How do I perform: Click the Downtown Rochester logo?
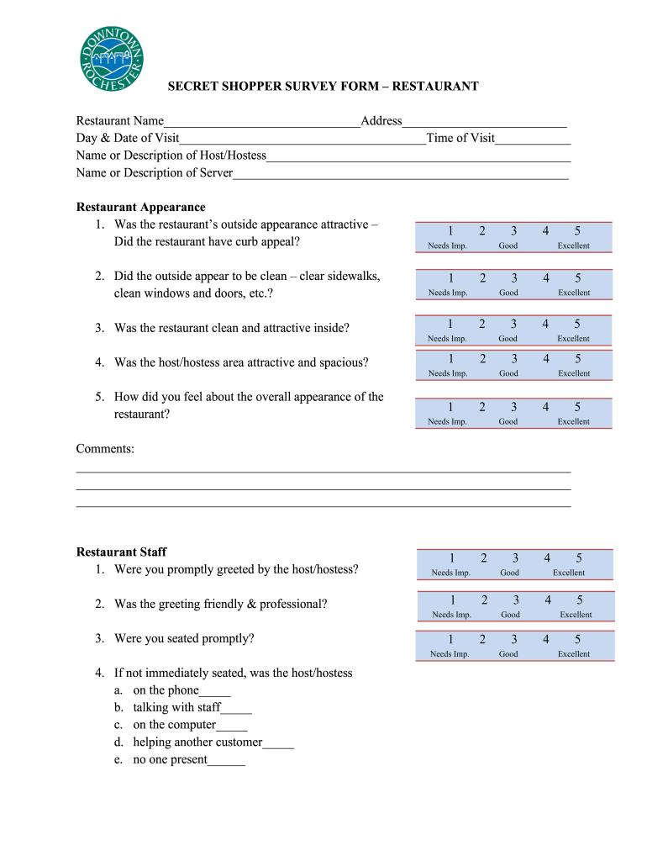[x=113, y=58]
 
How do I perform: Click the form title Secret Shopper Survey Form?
[x=323, y=87]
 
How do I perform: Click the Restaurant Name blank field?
[x=261, y=122]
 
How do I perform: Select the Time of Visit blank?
[x=533, y=139]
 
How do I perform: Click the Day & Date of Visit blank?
[x=302, y=139]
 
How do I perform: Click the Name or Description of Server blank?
[x=401, y=173]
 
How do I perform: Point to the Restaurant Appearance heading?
[x=140, y=207]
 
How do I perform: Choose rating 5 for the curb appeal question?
[x=577, y=231]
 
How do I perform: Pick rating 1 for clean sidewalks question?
[x=450, y=278]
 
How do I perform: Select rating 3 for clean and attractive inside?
[x=513, y=324]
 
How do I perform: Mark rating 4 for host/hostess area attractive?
[x=545, y=359]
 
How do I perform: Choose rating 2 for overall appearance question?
[x=482, y=407]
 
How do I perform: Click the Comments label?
[x=105, y=449]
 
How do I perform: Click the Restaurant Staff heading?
[x=121, y=552]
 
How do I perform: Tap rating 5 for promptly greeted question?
[x=579, y=558]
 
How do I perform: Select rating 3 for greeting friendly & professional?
[x=516, y=600]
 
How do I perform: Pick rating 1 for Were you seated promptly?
[x=451, y=639]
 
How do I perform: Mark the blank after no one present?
[x=226, y=760]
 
